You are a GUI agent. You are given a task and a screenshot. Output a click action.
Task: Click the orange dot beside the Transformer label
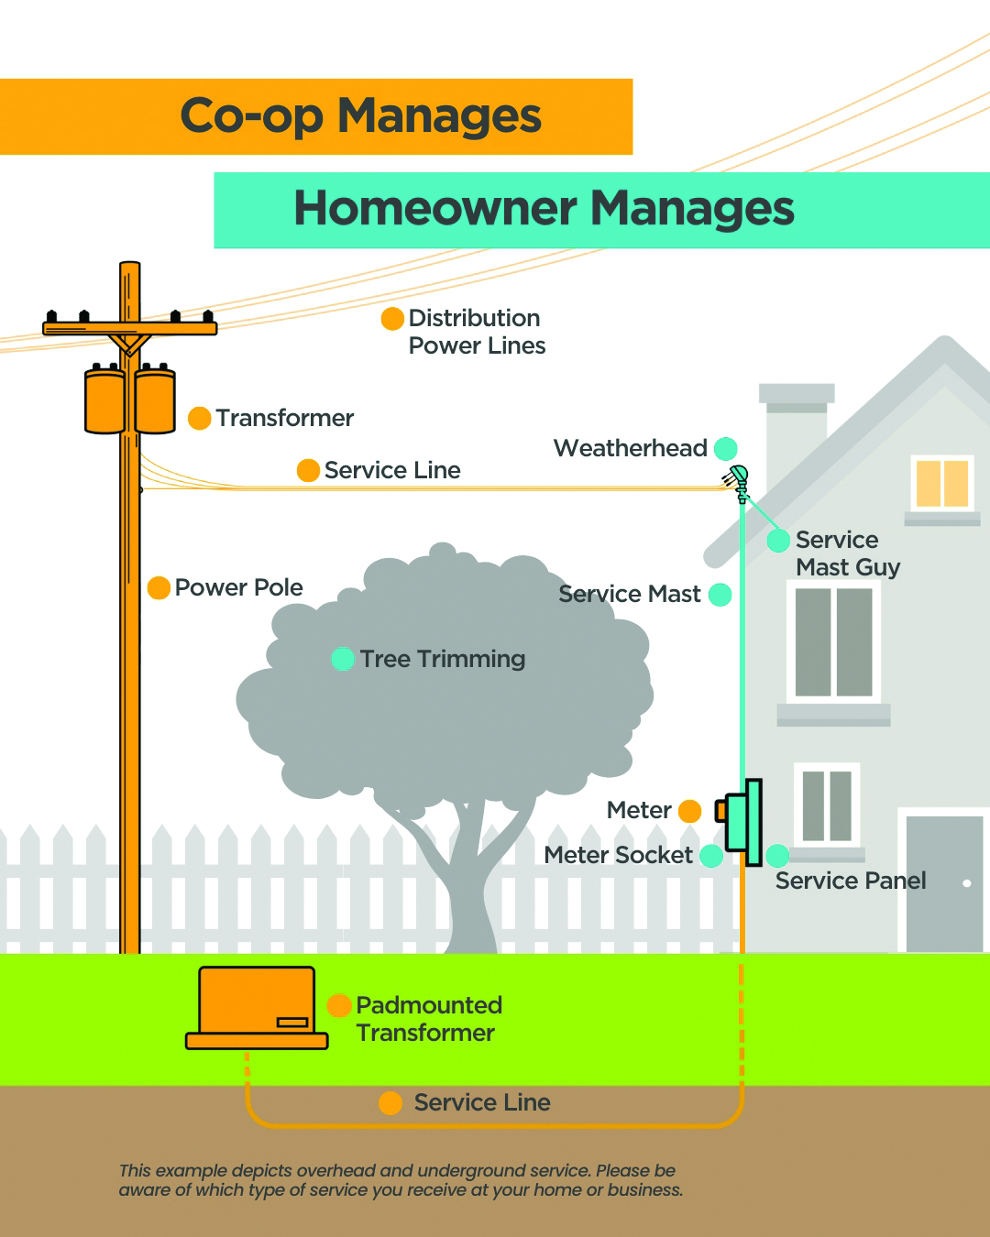(x=200, y=419)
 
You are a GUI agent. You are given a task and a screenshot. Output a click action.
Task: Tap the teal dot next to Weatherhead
(x=726, y=449)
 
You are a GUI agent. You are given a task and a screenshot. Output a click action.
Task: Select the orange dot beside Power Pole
(x=159, y=588)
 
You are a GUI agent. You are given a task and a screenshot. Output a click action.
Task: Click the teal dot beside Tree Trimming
(x=343, y=659)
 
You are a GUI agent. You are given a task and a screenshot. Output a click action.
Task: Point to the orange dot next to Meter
(x=690, y=811)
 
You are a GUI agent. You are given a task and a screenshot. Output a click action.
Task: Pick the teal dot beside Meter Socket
(x=711, y=856)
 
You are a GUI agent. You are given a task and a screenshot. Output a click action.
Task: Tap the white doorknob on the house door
(x=967, y=883)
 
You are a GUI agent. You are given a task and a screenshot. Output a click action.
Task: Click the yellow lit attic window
(x=942, y=483)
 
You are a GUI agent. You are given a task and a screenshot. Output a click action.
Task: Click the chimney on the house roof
(x=796, y=421)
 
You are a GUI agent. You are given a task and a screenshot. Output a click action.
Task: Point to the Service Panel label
(x=851, y=881)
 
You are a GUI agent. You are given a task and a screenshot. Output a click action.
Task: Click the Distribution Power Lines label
(x=476, y=332)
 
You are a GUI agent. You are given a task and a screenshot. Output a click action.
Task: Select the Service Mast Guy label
(x=847, y=553)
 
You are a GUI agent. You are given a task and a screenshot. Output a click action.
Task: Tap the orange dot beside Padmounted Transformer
(x=339, y=1005)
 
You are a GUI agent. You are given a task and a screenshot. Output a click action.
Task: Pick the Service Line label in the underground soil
(x=482, y=1102)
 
